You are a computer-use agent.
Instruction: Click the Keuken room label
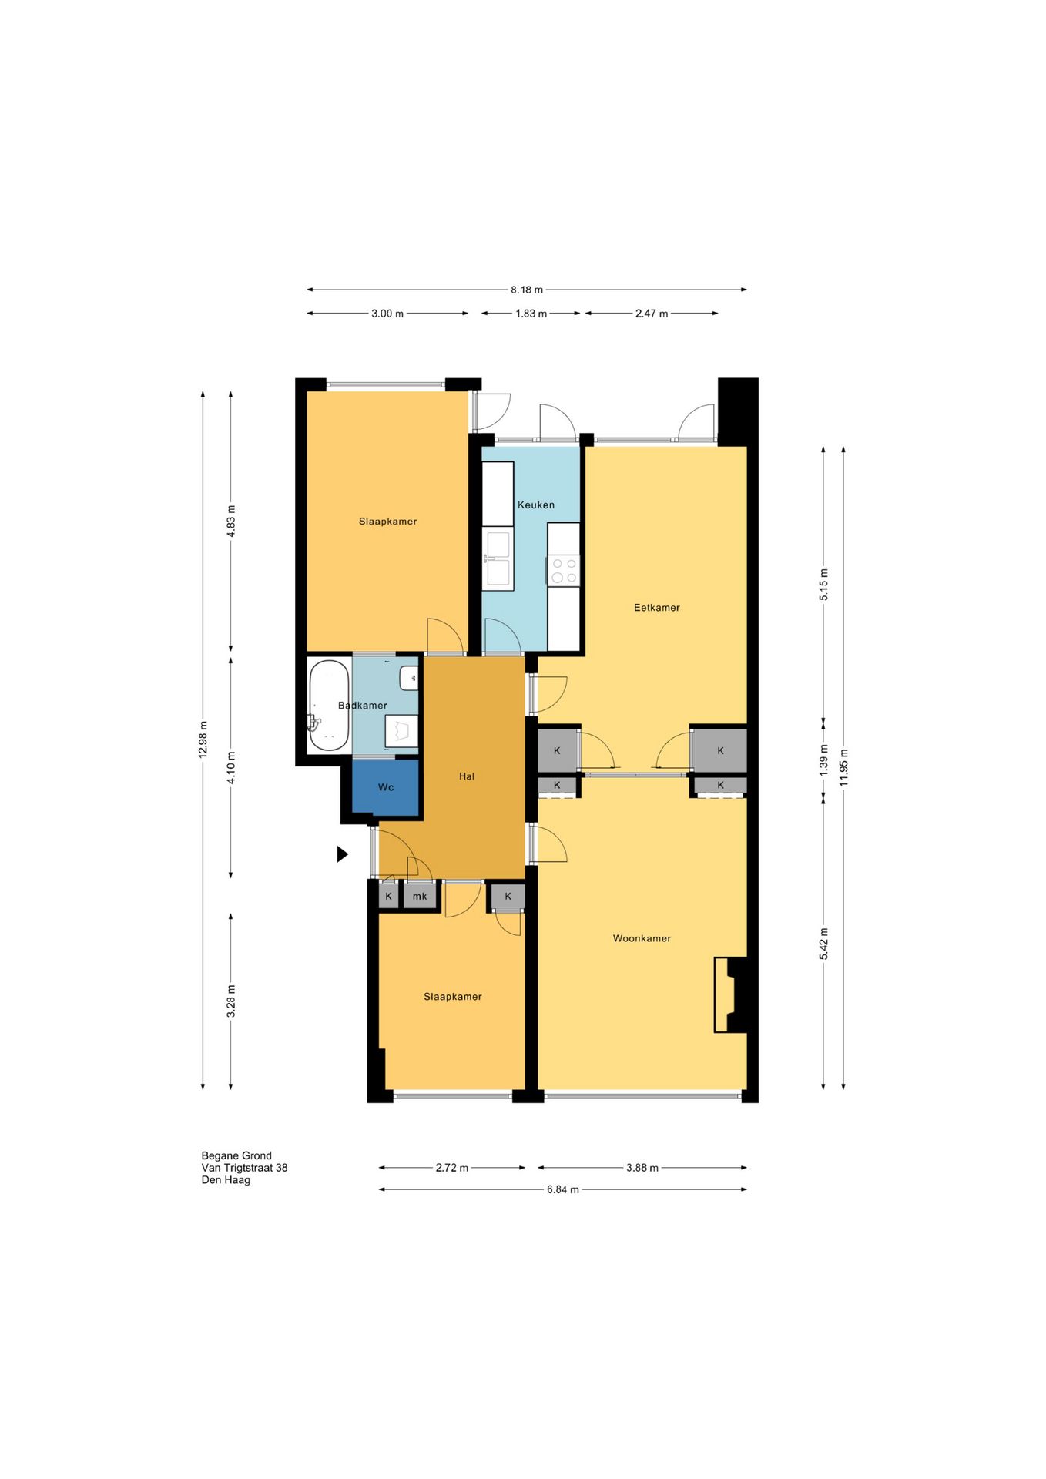pyautogui.click(x=536, y=505)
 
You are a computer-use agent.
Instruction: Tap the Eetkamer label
pyautogui.click(x=657, y=607)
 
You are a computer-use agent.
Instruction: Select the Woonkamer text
pyautogui.click(x=642, y=938)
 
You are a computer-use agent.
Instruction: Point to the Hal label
pyautogui.click(x=467, y=776)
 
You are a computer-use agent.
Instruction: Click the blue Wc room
pyautogui.click(x=386, y=786)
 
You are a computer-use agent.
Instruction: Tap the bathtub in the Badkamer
pyautogui.click(x=329, y=705)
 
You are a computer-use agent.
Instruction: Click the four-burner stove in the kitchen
pyautogui.click(x=564, y=571)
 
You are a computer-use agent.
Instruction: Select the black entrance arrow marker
pyautogui.click(x=342, y=854)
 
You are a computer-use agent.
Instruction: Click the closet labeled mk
pyautogui.click(x=420, y=896)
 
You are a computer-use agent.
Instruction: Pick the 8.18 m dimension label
pyautogui.click(x=527, y=290)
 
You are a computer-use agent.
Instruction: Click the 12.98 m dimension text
pyautogui.click(x=203, y=739)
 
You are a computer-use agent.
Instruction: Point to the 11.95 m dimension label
pyautogui.click(x=844, y=767)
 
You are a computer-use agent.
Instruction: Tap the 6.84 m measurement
pyautogui.click(x=563, y=1189)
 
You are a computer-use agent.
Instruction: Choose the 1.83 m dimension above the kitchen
pyautogui.click(x=531, y=314)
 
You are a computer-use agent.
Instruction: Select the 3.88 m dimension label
pyautogui.click(x=642, y=1168)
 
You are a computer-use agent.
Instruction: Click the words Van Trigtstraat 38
pyautogui.click(x=244, y=1168)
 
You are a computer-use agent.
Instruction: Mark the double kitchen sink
pyautogui.click(x=498, y=558)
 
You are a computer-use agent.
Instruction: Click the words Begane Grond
pyautogui.click(x=236, y=1155)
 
